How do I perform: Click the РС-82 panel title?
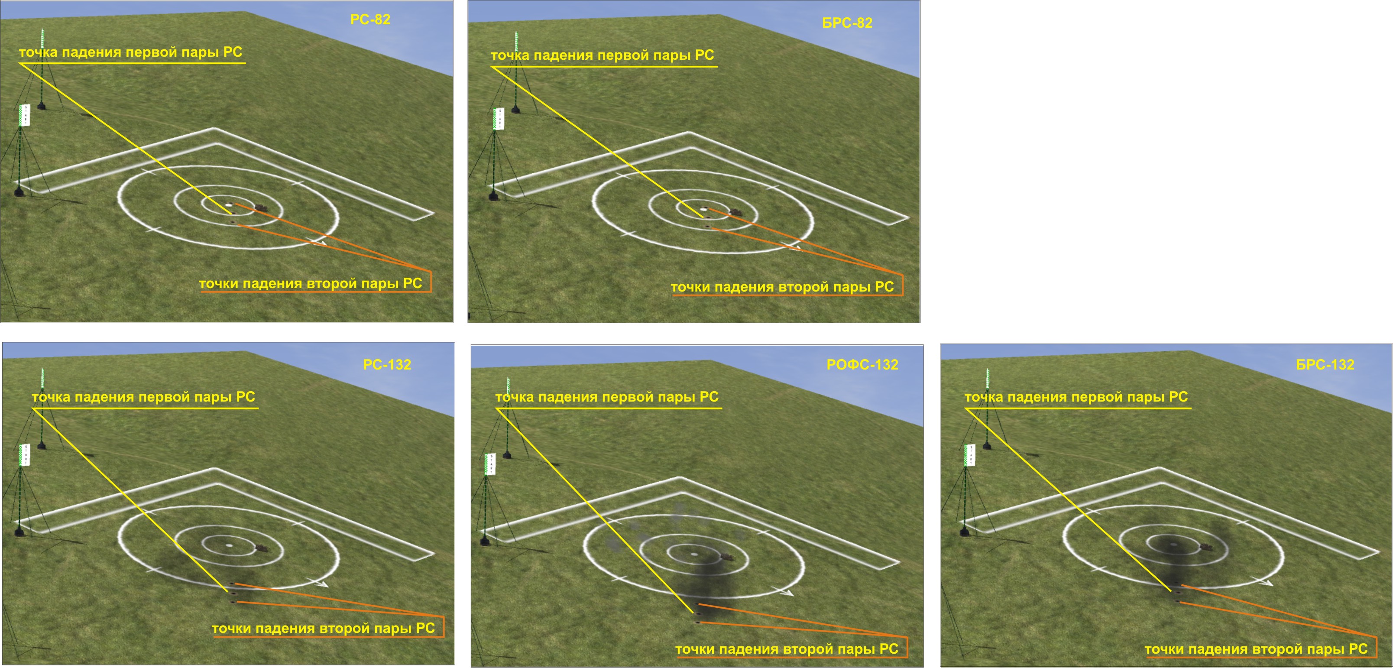370,19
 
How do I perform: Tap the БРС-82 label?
847,23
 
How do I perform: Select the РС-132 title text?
387,365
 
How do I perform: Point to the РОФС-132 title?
862,365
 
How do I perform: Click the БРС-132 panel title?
1325,365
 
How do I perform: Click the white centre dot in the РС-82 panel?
229,204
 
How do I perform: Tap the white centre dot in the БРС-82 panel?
703,208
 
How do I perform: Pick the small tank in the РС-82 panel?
262,207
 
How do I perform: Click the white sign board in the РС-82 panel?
24,116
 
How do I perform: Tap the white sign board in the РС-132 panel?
24,455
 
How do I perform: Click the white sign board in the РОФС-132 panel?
490,464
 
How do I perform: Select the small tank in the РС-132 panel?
262,548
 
